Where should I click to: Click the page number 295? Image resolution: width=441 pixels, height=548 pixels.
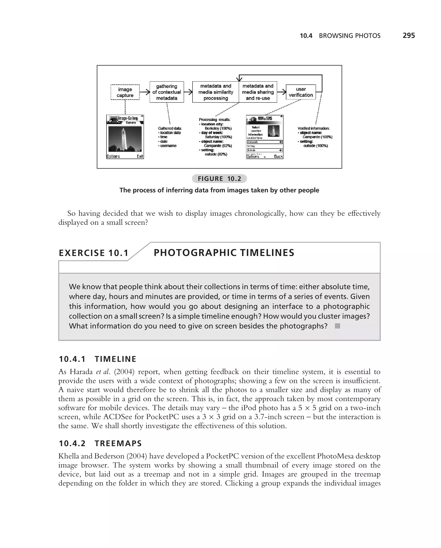point(408,36)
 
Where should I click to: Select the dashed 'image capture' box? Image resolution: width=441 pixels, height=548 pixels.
point(125,92)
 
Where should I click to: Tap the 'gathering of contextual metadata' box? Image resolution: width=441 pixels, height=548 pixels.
point(167,92)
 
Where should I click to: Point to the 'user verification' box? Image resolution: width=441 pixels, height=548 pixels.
point(301,92)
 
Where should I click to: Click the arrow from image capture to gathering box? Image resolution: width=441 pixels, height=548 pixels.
point(144,92)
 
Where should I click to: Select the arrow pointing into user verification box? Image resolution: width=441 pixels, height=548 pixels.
point(281,92)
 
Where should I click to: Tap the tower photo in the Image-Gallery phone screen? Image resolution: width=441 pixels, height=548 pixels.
point(125,139)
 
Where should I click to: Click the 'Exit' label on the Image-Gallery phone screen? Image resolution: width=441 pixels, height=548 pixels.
point(140,156)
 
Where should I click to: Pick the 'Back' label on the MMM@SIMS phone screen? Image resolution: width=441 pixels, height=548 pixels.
point(278,156)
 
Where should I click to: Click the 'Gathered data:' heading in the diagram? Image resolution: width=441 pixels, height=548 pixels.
point(170,128)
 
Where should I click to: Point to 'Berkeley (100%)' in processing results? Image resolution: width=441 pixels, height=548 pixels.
point(218,128)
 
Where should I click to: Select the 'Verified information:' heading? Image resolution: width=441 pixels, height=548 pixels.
point(313,128)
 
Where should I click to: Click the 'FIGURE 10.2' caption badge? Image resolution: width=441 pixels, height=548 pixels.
point(219,179)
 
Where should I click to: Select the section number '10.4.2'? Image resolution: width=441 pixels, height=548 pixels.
point(72,443)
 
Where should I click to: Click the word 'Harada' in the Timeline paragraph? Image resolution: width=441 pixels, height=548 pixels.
point(81,372)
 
